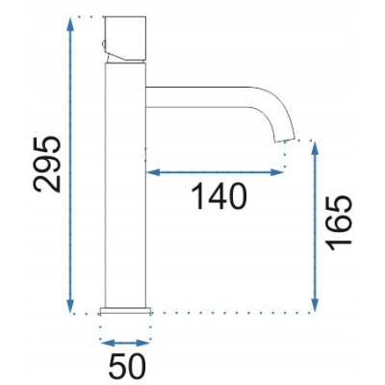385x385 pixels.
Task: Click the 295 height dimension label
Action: [47, 164]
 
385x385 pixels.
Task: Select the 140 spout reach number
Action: [219, 196]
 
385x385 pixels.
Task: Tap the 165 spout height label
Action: [340, 222]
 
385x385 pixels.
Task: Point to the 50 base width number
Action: [127, 367]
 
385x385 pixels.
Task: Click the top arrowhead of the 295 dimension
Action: [70, 24]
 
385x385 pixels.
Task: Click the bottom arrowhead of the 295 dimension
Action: [70, 305]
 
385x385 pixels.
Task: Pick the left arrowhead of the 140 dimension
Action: [153, 172]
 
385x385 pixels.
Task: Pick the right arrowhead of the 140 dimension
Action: [276, 172]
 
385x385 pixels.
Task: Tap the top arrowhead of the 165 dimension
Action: [315, 148]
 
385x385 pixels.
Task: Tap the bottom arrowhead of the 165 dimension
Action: [315, 305]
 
